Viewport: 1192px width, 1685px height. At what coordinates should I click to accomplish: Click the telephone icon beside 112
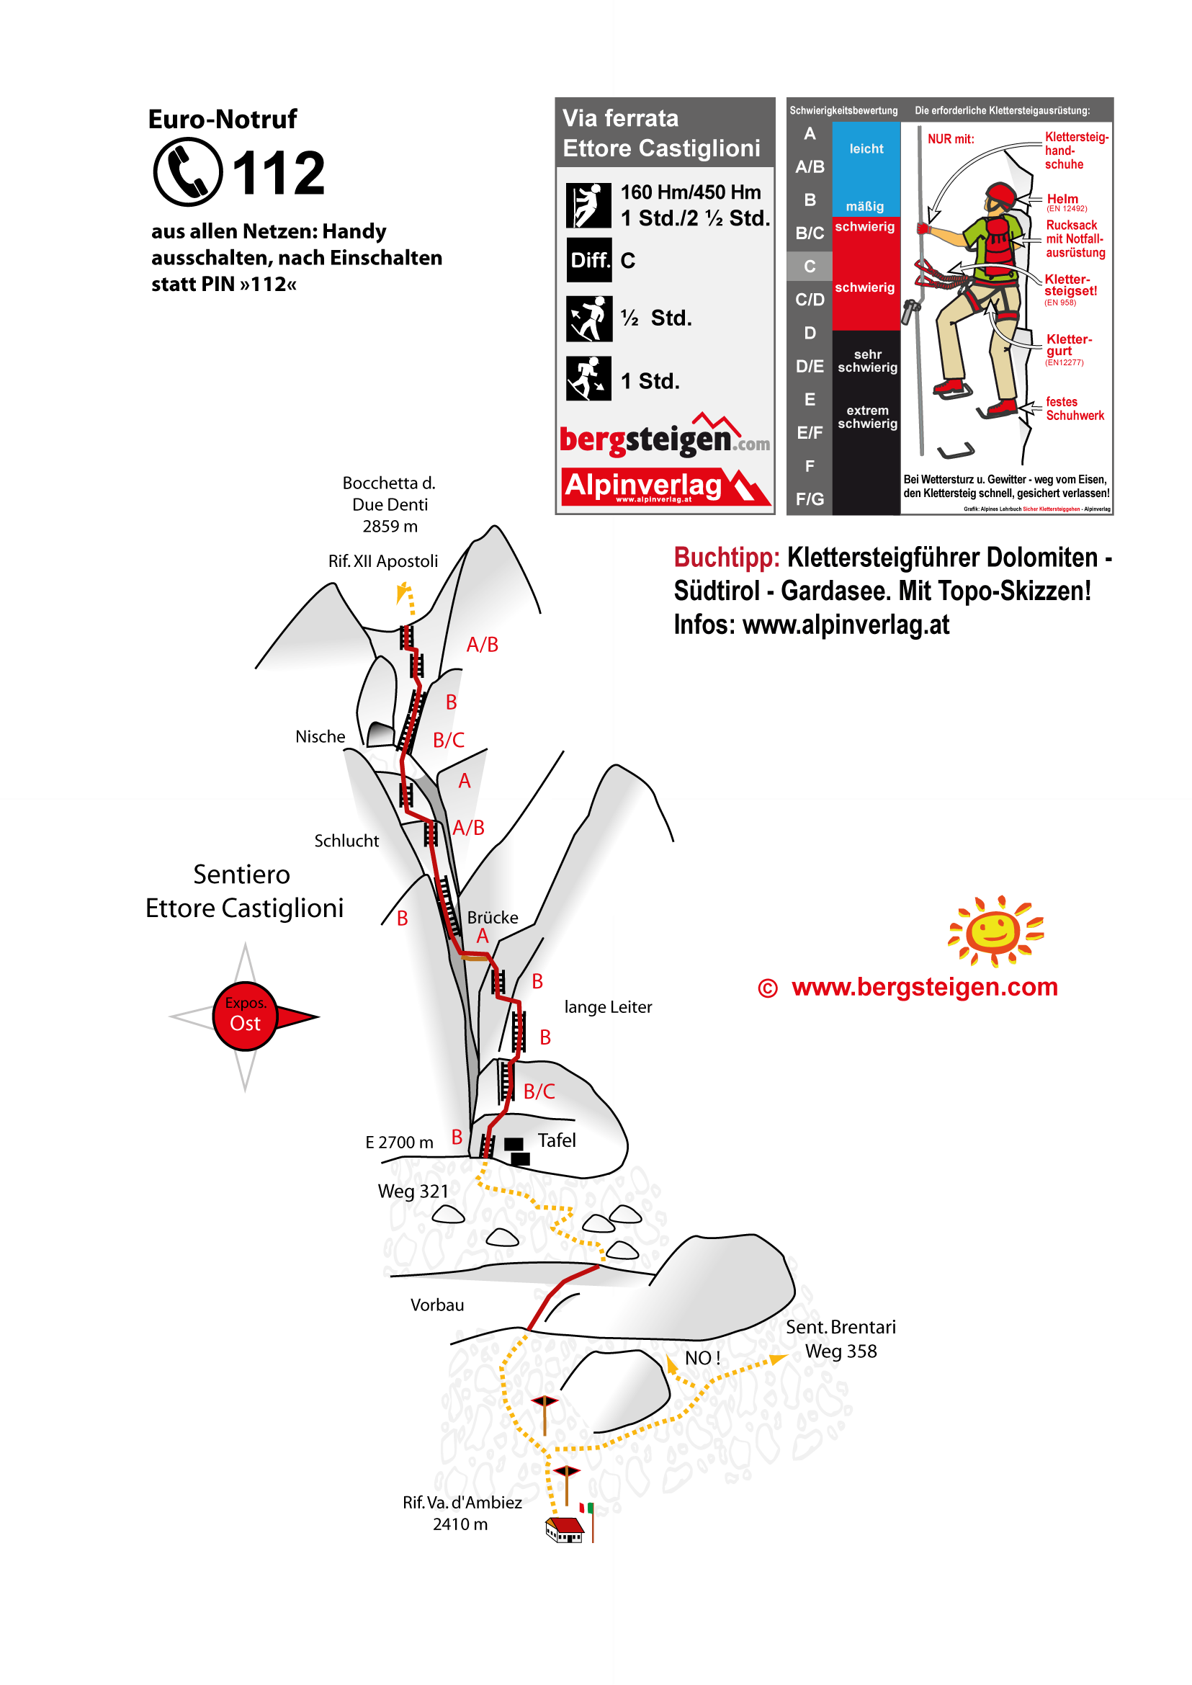click(188, 171)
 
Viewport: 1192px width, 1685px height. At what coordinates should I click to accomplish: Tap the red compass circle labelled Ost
click(245, 1016)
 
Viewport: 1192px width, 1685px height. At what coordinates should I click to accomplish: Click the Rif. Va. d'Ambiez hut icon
click(565, 1529)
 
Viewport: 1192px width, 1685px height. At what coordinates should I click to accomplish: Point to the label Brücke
click(493, 918)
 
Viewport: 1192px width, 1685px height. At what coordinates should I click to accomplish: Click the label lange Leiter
click(608, 1007)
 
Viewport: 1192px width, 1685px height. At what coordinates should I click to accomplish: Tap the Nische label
click(320, 736)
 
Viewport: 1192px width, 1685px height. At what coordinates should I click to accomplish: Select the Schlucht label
click(346, 841)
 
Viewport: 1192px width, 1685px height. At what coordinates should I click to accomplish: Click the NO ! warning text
click(702, 1358)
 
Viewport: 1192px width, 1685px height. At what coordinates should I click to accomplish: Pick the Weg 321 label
click(413, 1192)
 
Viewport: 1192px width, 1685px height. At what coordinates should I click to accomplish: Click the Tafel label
click(556, 1140)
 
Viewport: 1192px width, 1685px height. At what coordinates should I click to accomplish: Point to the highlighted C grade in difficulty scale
click(810, 267)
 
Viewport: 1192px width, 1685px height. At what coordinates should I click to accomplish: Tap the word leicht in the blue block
click(866, 149)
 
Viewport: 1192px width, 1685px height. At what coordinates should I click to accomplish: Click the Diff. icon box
click(588, 260)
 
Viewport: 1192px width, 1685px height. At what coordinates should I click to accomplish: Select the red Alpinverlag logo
click(665, 487)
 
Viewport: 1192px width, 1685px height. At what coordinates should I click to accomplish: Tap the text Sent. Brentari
click(841, 1327)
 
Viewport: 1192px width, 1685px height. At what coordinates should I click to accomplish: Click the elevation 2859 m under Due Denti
click(390, 527)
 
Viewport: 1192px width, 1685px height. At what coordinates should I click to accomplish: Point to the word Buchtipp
click(726, 558)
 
